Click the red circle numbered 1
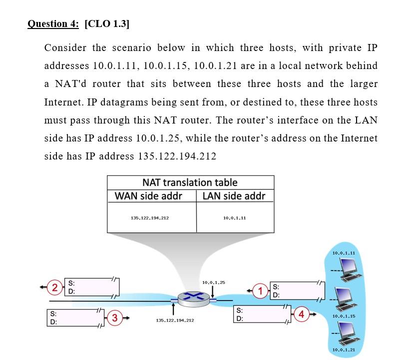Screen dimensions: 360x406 [x=260, y=290]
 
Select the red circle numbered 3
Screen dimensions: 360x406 [x=115, y=317]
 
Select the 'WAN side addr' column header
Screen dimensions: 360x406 [x=148, y=195]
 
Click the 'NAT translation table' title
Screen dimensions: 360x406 [x=190, y=182]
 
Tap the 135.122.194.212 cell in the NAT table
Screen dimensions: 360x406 [x=150, y=218]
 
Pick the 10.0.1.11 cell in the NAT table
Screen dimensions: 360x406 [x=235, y=218]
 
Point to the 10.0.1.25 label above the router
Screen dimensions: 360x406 [x=214, y=282]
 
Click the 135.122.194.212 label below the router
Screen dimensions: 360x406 [x=175, y=319]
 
